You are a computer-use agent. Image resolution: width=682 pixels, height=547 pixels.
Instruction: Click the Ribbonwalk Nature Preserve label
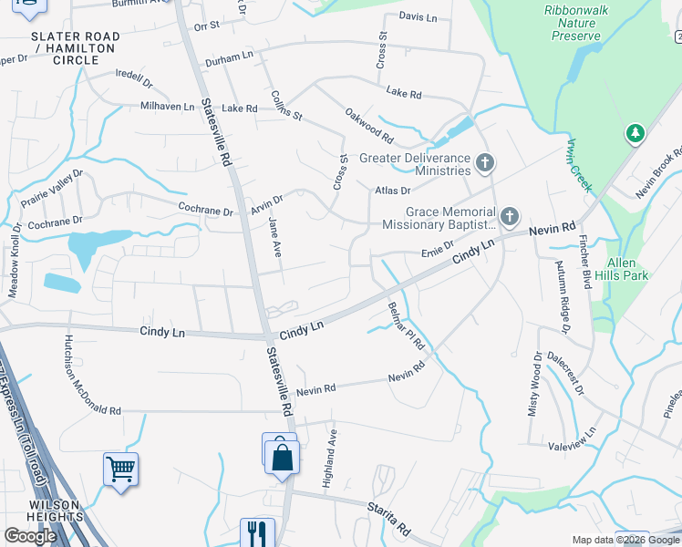[x=575, y=22]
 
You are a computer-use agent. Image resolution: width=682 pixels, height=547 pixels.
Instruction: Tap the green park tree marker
[x=635, y=135]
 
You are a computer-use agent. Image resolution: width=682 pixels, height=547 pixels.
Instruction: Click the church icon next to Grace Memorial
[x=510, y=217]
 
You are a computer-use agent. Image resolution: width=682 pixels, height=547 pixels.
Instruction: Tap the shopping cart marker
[x=120, y=469]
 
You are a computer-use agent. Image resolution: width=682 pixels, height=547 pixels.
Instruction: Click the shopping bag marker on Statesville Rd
[x=283, y=454]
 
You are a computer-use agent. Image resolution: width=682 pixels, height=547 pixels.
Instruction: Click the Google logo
[x=30, y=536]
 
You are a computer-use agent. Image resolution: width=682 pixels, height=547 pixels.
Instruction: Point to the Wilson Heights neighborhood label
[x=56, y=511]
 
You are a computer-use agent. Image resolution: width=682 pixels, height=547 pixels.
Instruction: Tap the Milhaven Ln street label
[x=167, y=107]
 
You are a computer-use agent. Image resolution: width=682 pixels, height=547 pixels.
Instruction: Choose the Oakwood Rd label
[x=368, y=127]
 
